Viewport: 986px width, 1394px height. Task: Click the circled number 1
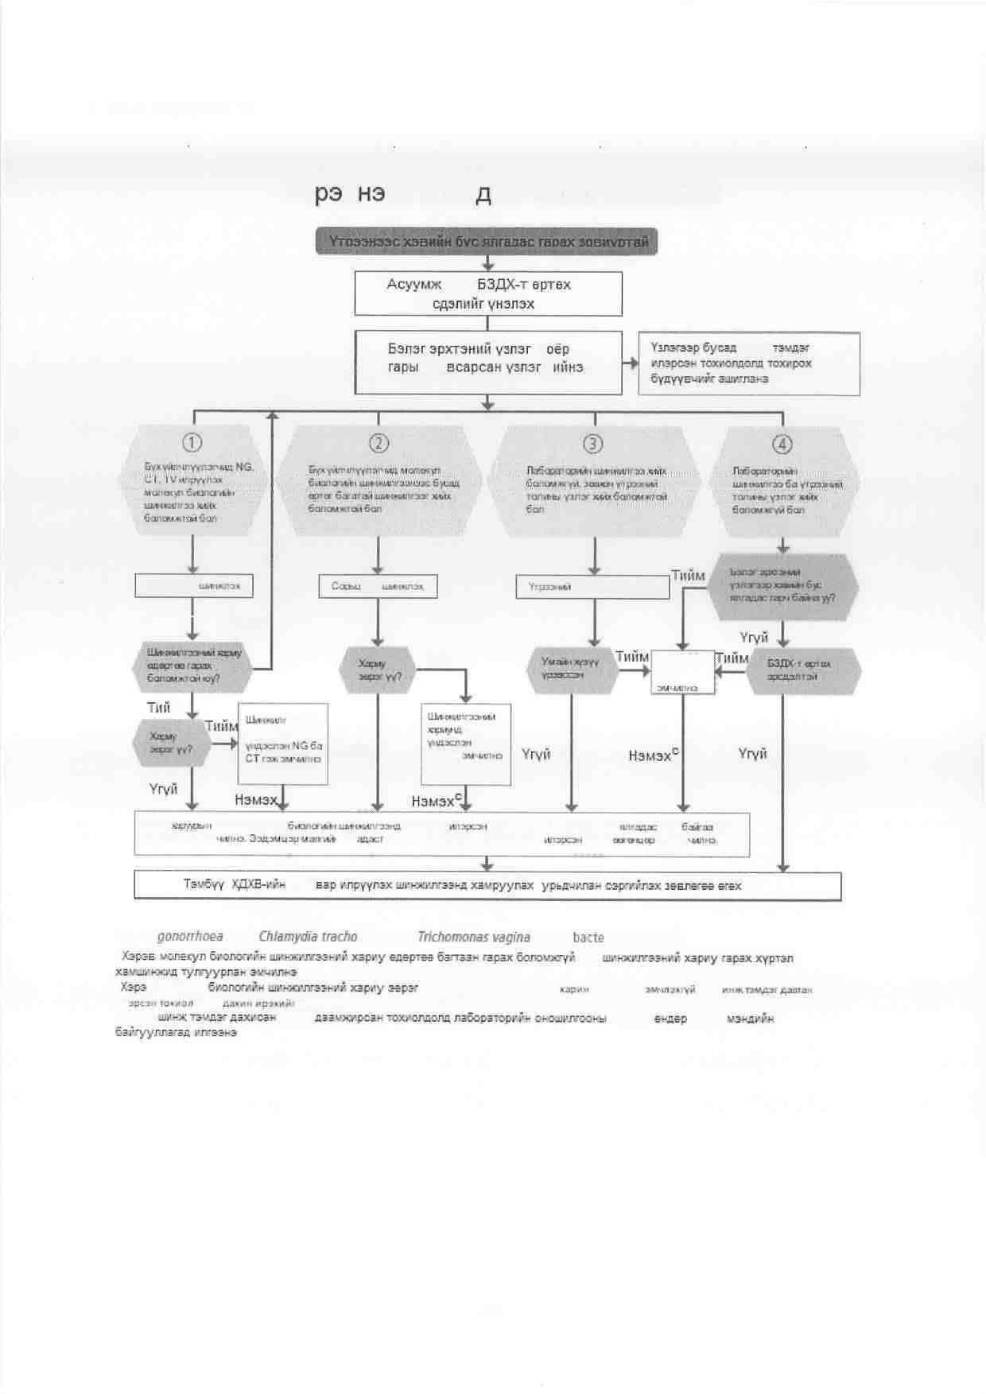[x=192, y=442]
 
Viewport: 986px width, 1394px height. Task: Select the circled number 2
[x=378, y=443]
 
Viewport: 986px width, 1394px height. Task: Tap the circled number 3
[x=593, y=443]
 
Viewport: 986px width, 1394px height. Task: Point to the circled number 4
[x=782, y=443]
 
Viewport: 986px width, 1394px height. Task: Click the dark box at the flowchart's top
[x=487, y=242]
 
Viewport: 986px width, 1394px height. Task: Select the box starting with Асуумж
[x=487, y=294]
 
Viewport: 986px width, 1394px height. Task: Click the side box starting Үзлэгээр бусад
[x=748, y=363]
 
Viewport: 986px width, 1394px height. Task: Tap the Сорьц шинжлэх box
[x=378, y=587]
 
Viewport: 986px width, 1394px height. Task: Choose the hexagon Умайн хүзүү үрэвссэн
[x=573, y=669]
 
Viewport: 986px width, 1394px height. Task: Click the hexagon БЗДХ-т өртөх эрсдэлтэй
[x=802, y=670]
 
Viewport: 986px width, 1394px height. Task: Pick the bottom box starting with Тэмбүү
[x=487, y=886]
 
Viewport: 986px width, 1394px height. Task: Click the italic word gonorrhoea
[x=190, y=937]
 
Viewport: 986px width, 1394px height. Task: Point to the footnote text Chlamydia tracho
[x=308, y=937]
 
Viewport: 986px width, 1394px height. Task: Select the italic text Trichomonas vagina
[x=474, y=937]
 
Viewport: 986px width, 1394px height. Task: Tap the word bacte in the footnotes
[x=588, y=938]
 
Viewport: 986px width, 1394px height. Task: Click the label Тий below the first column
[x=158, y=708]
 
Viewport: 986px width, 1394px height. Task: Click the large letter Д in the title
[x=483, y=196]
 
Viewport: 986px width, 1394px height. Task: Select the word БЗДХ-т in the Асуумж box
[x=523, y=285]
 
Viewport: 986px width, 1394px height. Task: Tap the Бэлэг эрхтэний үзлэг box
[x=487, y=363]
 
